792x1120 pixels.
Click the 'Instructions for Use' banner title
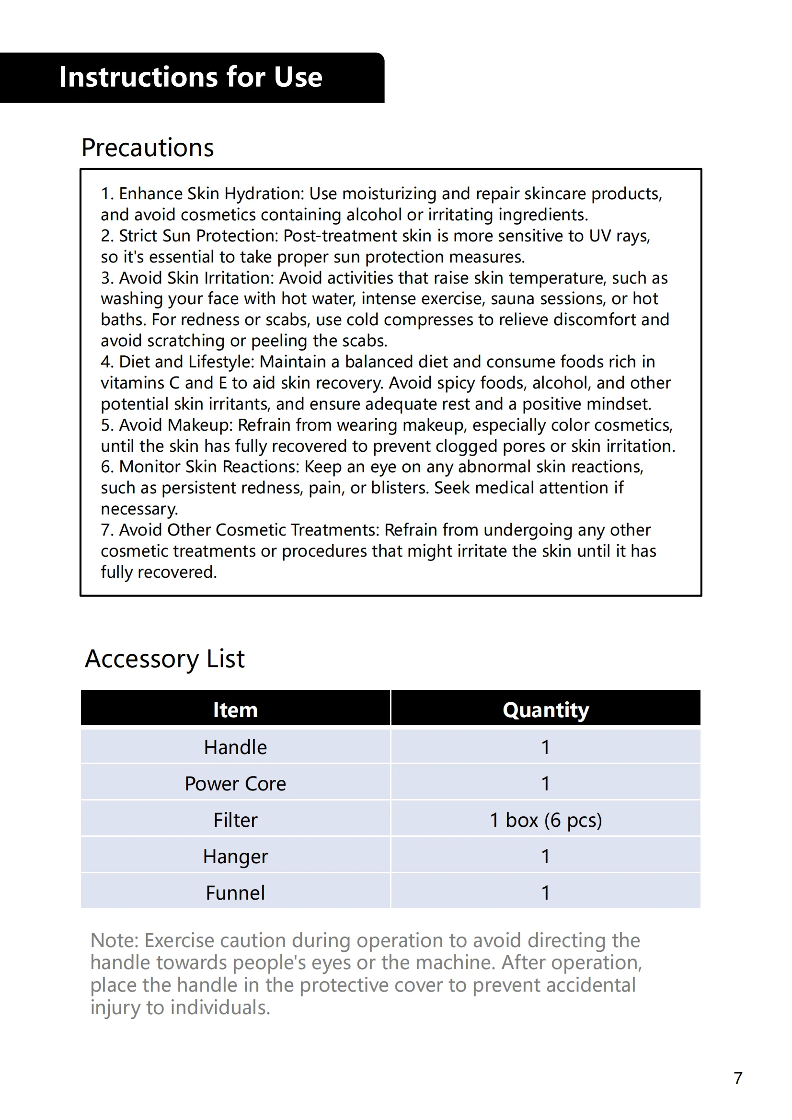click(190, 77)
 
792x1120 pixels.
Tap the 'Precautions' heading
click(148, 148)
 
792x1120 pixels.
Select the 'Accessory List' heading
click(164, 659)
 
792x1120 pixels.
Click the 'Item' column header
click(235, 710)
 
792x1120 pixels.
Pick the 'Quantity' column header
click(546, 710)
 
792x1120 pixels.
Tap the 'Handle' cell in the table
click(235, 747)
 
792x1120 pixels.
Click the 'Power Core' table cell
click(235, 784)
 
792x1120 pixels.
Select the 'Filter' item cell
click(235, 821)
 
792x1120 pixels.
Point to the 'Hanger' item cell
click(235, 857)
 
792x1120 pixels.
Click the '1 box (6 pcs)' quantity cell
click(546, 821)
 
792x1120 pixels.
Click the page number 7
click(738, 1078)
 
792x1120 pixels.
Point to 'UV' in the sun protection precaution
click(600, 236)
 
